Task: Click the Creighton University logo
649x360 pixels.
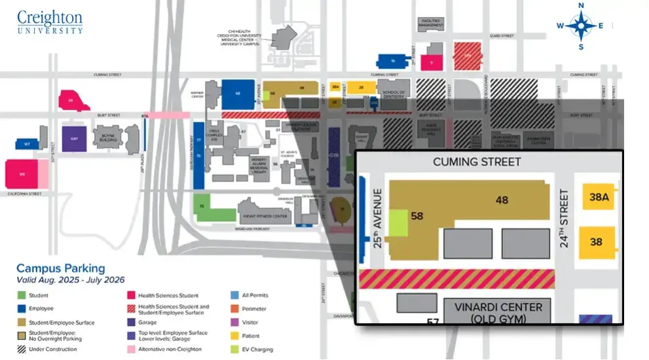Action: (x=50, y=22)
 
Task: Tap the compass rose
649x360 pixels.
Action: (x=580, y=26)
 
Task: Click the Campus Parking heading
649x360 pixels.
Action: (x=60, y=268)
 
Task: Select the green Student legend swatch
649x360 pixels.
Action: (x=21, y=295)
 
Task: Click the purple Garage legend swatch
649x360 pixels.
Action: (x=132, y=322)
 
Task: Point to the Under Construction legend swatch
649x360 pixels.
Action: (x=21, y=350)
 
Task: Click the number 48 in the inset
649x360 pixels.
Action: (x=502, y=200)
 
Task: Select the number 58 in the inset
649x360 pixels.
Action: (x=416, y=215)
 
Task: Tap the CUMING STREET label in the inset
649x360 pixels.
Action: (x=477, y=162)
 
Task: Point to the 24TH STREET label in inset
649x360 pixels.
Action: (x=564, y=218)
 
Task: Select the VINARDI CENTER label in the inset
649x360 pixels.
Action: (x=497, y=308)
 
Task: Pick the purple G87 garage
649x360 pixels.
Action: (x=74, y=139)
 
